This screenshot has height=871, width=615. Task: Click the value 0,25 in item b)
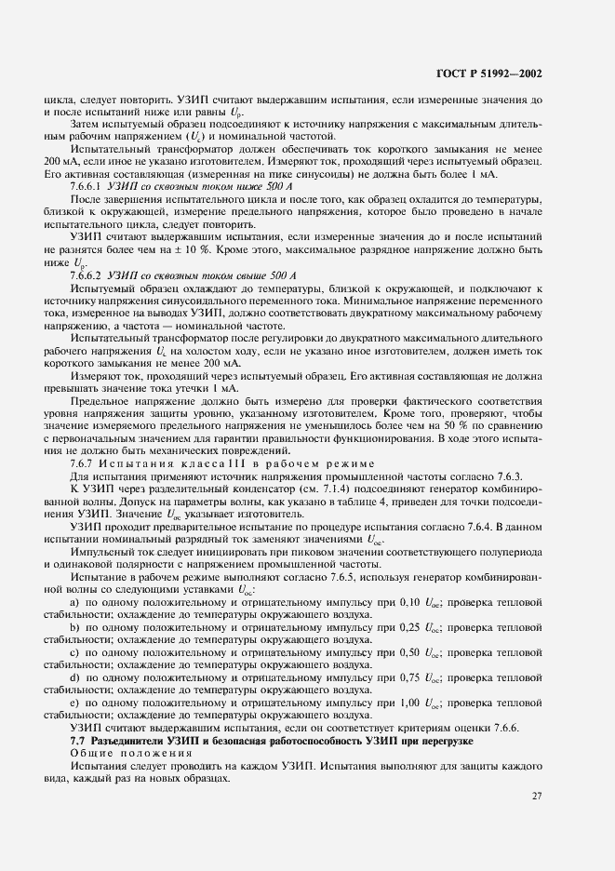point(400,628)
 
